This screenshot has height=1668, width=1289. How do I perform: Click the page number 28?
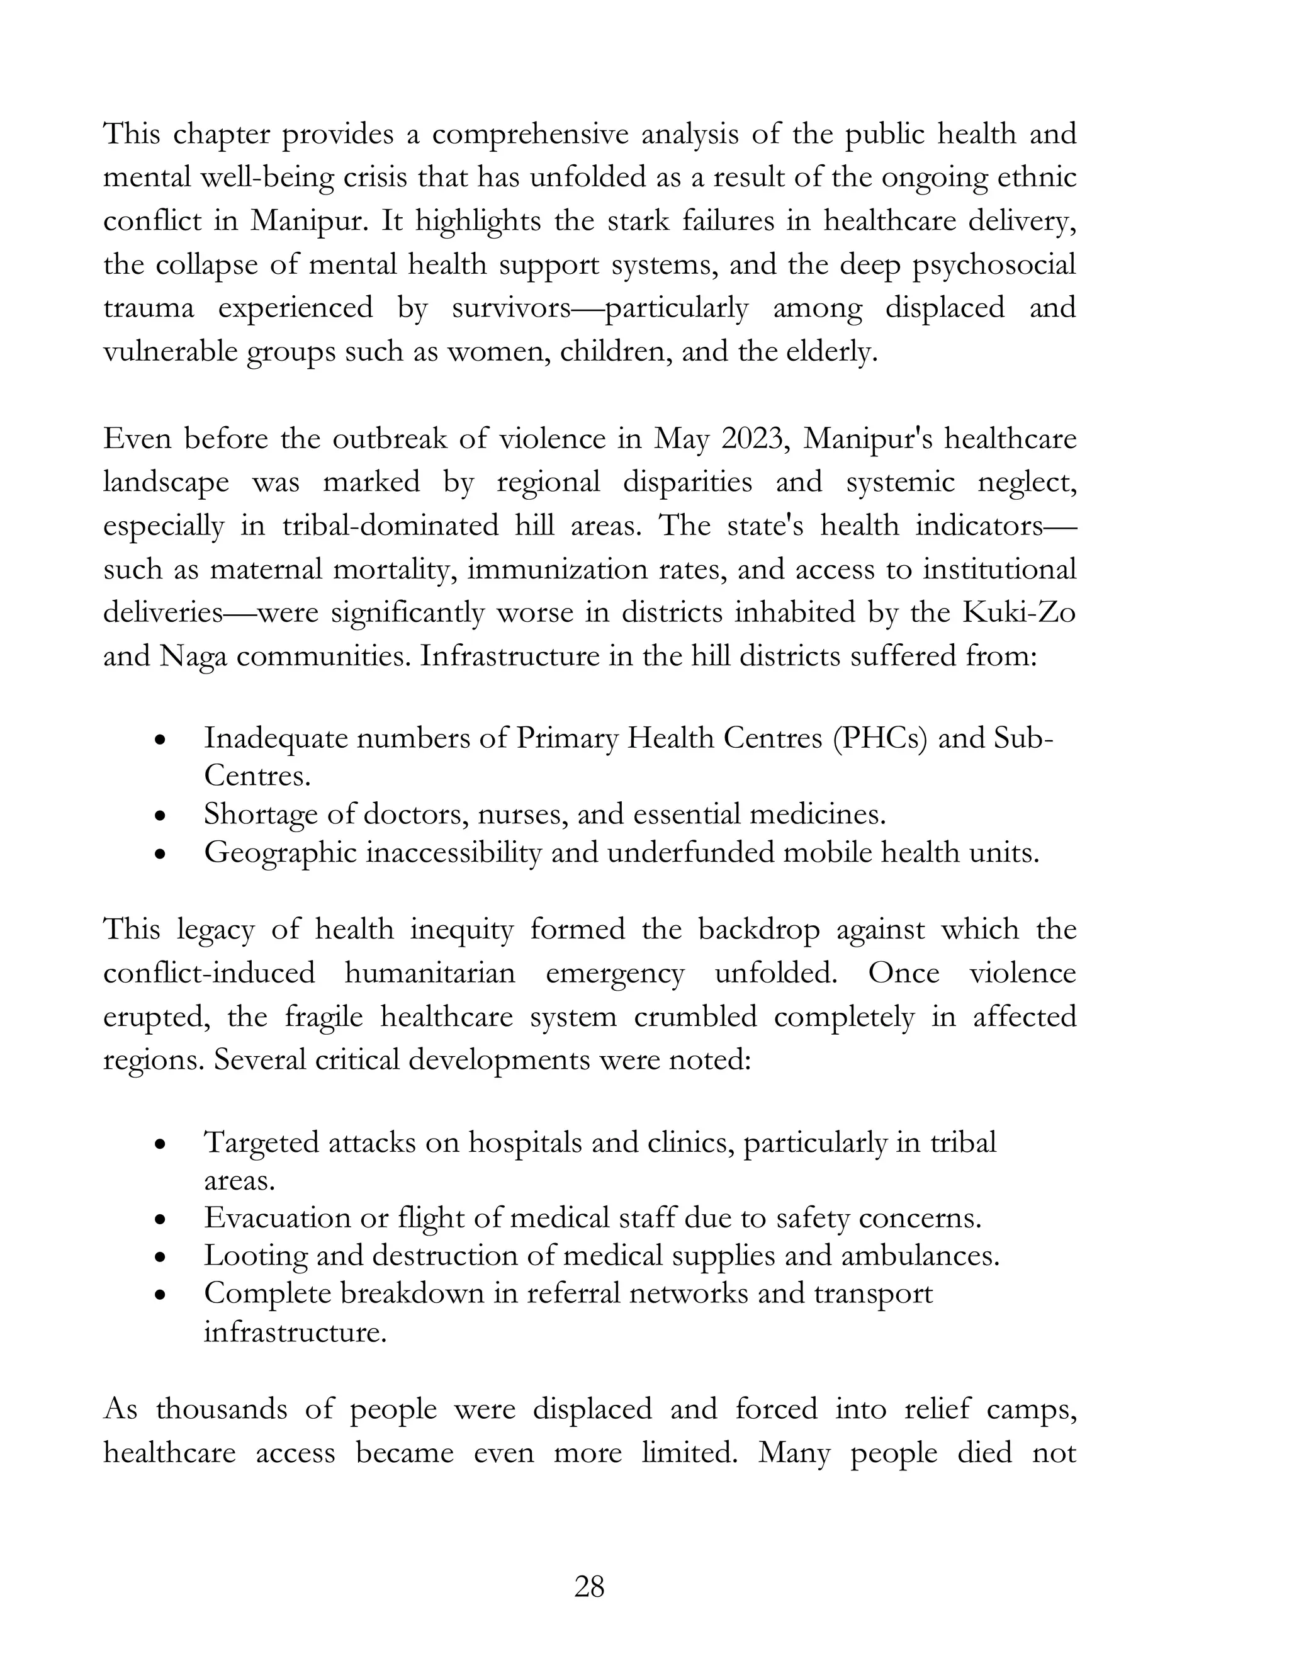click(x=588, y=1586)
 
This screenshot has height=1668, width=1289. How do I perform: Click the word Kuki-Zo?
click(x=1019, y=613)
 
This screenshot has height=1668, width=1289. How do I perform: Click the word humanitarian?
click(x=429, y=974)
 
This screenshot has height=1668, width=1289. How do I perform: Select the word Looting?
click(x=255, y=1256)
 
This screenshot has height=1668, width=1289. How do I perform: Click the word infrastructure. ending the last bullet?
click(x=295, y=1332)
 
